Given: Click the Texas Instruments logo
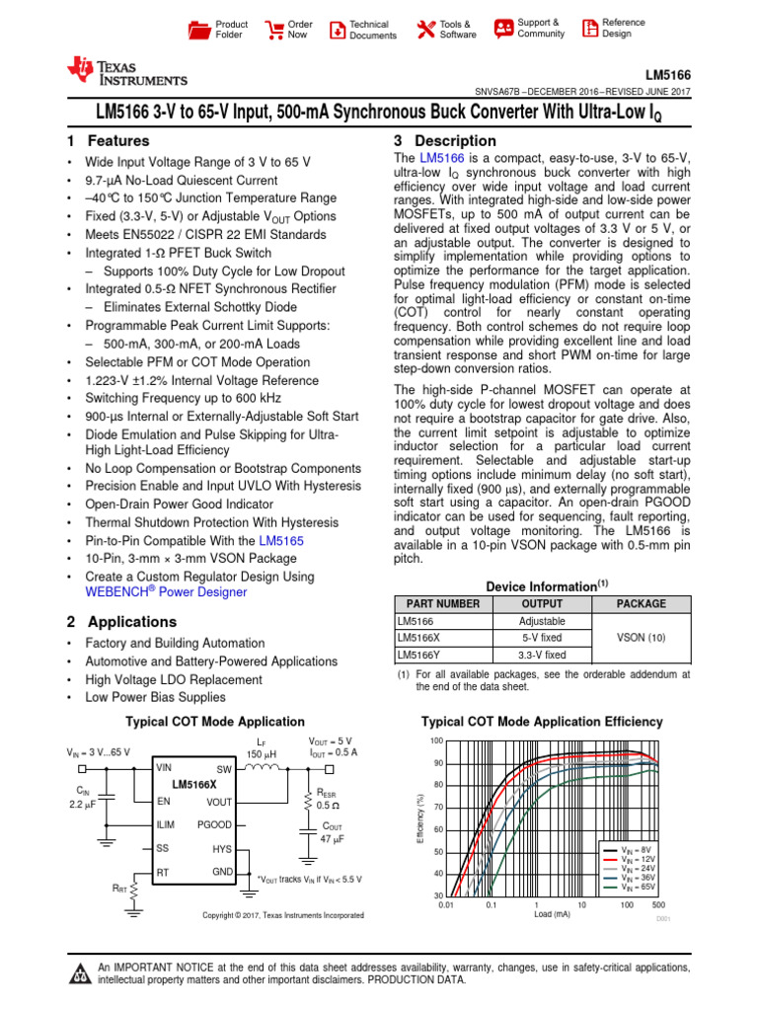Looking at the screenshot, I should pyautogui.click(x=125, y=71).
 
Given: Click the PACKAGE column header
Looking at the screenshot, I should pyautogui.click(x=641, y=603).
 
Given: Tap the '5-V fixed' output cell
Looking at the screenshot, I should pyautogui.click(x=542, y=638).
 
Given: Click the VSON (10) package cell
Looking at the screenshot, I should pyautogui.click(x=641, y=639).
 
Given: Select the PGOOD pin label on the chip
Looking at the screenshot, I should pyautogui.click(x=214, y=822).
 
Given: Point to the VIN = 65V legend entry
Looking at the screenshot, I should pyautogui.click(x=638, y=888).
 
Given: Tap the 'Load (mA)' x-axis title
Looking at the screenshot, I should pyautogui.click(x=553, y=914).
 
